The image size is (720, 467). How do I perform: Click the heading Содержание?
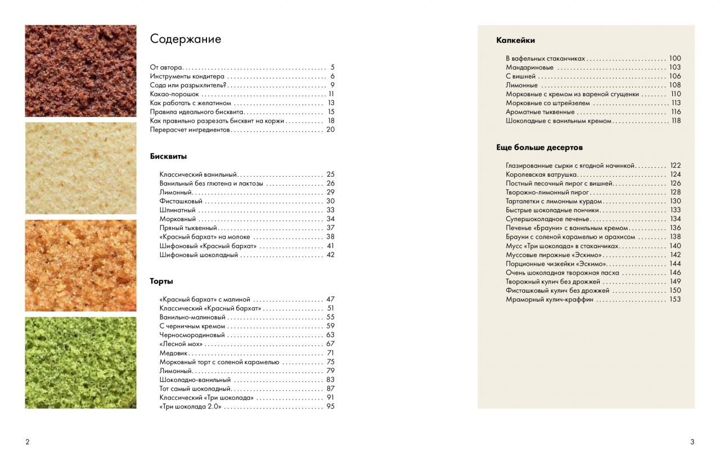tap(186, 39)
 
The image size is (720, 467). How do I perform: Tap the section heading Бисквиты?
tap(168, 156)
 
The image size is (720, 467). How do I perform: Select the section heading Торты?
tap(161, 281)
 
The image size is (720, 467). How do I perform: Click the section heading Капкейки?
tap(515, 41)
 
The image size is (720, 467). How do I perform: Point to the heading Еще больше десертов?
tap(539, 147)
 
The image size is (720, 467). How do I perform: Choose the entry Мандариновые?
tap(529, 68)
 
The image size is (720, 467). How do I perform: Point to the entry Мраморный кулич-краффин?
tap(549, 299)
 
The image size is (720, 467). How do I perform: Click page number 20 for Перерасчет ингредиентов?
tap(330, 129)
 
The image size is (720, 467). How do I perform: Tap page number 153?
tap(675, 299)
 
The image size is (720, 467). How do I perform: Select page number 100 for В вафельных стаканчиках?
tap(675, 59)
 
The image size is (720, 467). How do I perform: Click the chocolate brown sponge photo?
tap(80, 71)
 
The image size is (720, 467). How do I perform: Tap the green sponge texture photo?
tap(80, 363)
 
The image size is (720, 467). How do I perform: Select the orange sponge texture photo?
tap(80, 266)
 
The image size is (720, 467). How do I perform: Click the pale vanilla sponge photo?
tap(80, 168)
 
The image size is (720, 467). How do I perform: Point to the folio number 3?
tap(692, 442)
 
